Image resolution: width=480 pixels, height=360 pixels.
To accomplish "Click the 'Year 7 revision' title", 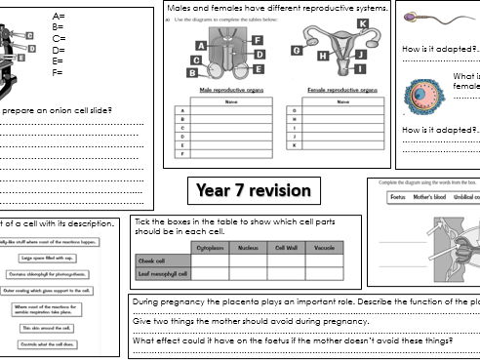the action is (x=253, y=189).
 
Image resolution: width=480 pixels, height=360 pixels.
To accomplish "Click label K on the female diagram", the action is (x=362, y=23).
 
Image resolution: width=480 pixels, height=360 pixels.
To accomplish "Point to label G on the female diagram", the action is (x=296, y=51).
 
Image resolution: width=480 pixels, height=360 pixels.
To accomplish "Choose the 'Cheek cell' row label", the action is (x=152, y=261).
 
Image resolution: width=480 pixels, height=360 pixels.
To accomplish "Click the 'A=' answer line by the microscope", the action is (x=60, y=17).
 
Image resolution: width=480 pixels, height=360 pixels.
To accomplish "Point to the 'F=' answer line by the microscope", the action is (x=59, y=72).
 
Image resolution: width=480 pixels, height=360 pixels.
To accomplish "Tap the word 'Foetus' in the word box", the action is (x=397, y=196).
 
